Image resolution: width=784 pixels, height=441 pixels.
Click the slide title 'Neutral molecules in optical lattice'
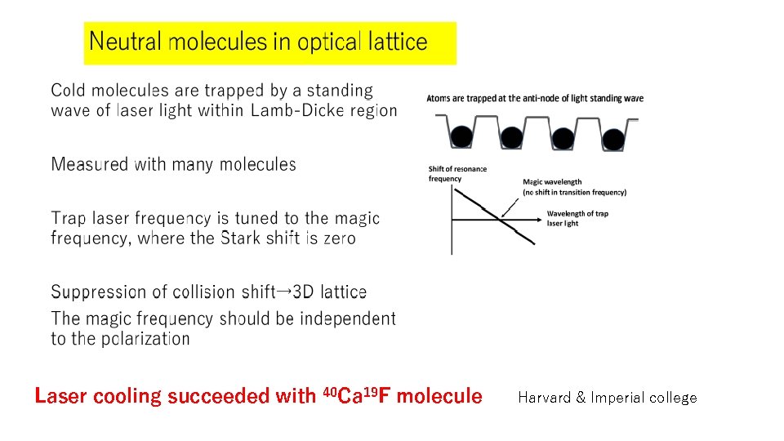[258, 42]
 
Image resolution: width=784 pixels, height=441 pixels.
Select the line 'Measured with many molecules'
[173, 164]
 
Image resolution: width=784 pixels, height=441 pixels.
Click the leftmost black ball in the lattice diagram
[461, 136]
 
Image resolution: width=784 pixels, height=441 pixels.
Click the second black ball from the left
[512, 136]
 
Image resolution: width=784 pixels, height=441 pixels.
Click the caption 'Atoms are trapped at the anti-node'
[535, 98]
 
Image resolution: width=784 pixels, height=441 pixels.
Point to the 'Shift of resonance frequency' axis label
[457, 174]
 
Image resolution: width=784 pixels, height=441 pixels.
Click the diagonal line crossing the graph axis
[495, 216]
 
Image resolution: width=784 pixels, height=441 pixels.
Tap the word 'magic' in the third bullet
[360, 218]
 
